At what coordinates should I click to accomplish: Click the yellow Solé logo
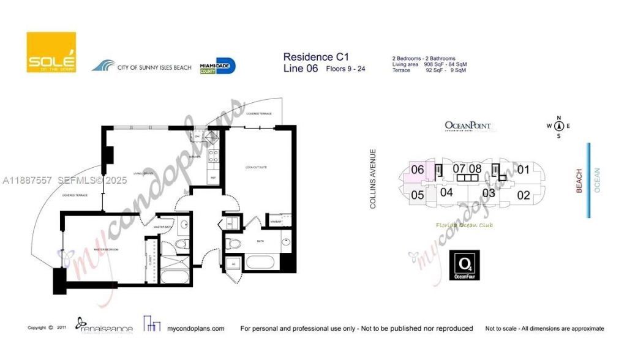point(51,52)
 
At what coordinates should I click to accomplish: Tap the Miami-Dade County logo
point(217,66)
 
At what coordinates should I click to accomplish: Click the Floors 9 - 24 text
point(345,69)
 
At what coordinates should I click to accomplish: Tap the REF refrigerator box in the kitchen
point(213,178)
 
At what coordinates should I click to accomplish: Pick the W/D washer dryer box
point(230,223)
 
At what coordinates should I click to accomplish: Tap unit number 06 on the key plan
point(418,170)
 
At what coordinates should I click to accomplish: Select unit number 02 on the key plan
point(524,195)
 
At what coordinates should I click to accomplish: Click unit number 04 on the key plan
point(446,192)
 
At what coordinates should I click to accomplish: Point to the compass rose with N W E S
point(558,127)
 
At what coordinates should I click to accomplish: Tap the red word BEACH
point(579,181)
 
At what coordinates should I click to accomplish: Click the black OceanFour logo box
point(465,265)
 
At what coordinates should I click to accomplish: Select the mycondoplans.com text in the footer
point(195,329)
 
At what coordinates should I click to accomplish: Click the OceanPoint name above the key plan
point(468,126)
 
